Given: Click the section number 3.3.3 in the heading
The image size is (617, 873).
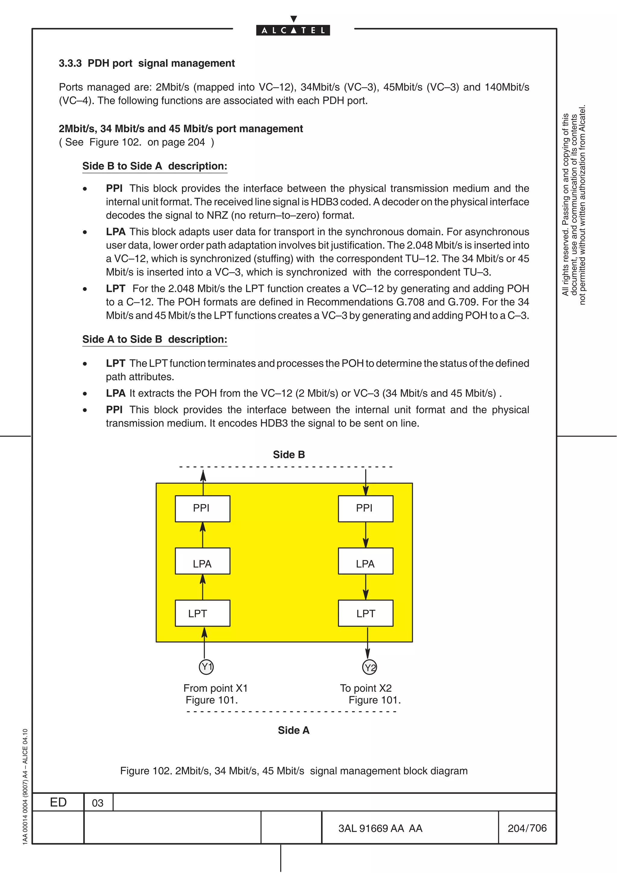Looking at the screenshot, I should tap(70, 63).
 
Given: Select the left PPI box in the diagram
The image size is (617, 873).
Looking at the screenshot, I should tap(202, 508).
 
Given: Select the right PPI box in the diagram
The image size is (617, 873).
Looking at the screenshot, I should tap(365, 508).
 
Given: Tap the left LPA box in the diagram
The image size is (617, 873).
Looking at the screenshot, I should tap(202, 561).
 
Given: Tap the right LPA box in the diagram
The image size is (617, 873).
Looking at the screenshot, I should tap(365, 561).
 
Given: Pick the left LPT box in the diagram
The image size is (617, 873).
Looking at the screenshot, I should tap(202, 613).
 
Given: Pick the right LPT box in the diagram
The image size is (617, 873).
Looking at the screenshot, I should tap(365, 613).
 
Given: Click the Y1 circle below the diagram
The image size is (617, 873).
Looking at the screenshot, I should tap(206, 667).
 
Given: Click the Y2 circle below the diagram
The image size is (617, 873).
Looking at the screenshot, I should tap(369, 667).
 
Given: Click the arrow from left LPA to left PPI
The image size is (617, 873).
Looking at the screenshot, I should tap(203, 535).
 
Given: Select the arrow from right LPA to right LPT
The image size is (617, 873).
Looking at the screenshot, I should tap(365, 587).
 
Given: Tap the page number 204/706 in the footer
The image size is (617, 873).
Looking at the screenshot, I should tap(527, 828).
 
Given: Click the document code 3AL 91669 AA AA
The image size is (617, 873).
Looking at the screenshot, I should tap(380, 828).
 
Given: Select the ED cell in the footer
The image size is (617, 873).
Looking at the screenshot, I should tap(58, 802).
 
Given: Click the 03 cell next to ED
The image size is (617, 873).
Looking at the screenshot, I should tap(98, 803).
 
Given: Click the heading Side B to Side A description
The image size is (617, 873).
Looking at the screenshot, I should tap(155, 166).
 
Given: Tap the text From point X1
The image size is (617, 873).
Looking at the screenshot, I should tap(215, 688).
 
